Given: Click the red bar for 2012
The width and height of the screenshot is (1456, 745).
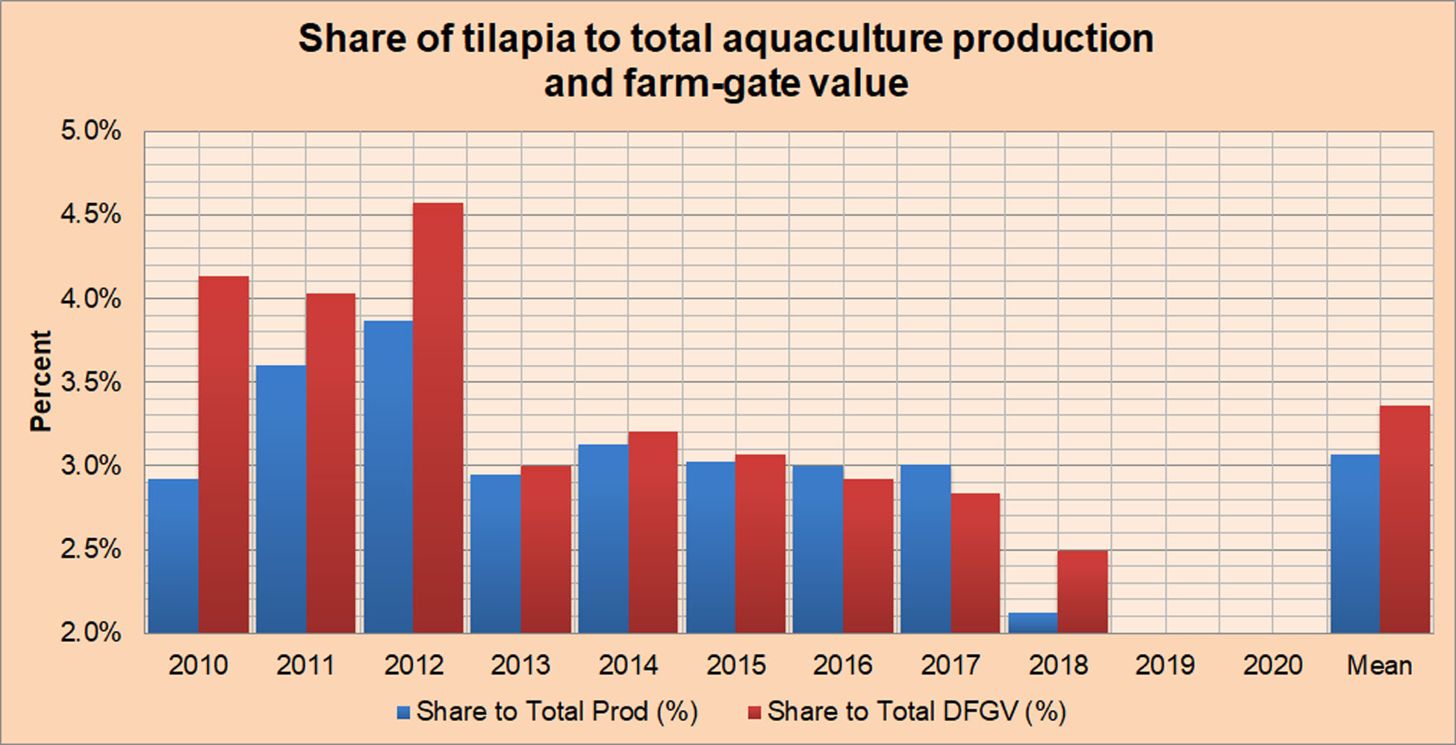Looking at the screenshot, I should point(438,418).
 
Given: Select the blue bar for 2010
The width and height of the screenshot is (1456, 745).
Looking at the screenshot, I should point(173,556).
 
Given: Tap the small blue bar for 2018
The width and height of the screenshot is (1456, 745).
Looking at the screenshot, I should point(1033,623).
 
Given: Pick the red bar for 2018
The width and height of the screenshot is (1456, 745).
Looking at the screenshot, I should point(1083,592).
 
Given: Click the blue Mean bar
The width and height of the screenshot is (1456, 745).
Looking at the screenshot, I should point(1354,543).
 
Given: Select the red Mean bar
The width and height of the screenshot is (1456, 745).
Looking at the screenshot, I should point(1405,520).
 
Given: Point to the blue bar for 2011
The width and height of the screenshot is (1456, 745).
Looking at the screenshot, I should point(281,499).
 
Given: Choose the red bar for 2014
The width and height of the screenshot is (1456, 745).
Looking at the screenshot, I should point(653,532).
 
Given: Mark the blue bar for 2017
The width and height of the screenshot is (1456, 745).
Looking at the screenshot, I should point(925,549).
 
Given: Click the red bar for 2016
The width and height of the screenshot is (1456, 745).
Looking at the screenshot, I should point(868,556).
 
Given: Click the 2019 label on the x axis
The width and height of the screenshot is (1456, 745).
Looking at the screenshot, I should point(1165,665).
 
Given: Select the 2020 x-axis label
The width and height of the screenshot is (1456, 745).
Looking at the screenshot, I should point(1272,665).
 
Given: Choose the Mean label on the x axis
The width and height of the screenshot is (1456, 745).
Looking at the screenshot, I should point(1379,665).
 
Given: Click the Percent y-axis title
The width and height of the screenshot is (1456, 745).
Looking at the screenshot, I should point(41,381).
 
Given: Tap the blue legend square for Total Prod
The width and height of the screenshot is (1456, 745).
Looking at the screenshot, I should point(404,713).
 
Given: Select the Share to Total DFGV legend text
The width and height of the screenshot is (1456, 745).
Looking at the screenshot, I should point(916,711).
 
